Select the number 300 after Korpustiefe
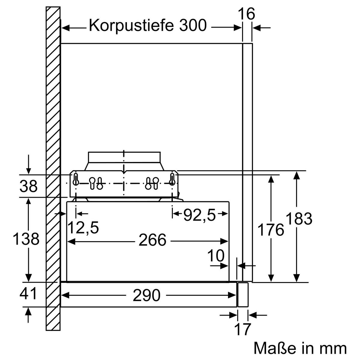[193, 26]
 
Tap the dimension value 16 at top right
[246, 14]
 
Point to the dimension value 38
[28, 187]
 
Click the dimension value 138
[26, 239]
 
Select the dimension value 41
[28, 294]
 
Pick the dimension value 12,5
[83, 228]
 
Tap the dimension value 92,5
[199, 215]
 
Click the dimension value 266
[152, 240]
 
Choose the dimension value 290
[147, 295]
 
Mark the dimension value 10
[216, 256]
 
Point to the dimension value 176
[271, 230]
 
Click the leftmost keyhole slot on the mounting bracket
[76, 179]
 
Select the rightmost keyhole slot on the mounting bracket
[172, 179]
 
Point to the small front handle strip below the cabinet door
[243, 294]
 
